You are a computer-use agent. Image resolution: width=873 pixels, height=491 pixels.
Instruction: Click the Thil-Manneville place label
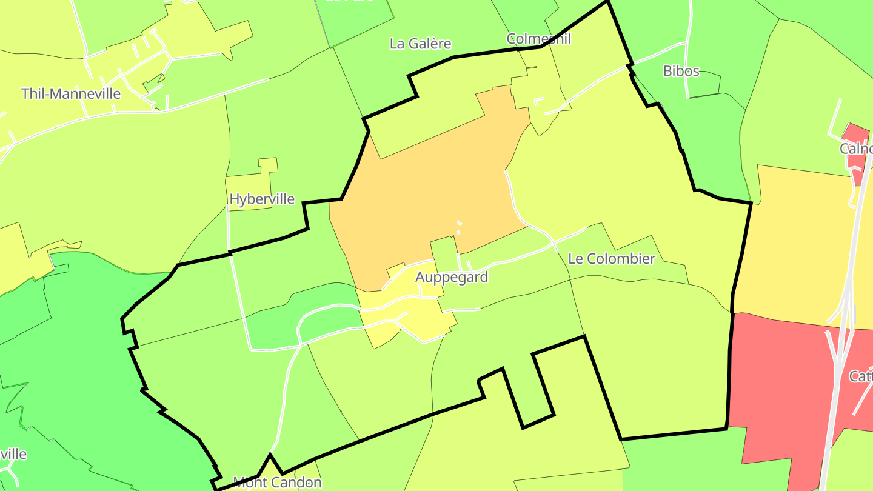[71, 94]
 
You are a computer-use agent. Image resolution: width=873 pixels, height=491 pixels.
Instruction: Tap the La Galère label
[420, 44]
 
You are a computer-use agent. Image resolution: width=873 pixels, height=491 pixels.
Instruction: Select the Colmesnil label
[539, 39]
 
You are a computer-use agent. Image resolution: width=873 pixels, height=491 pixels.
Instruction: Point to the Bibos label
[681, 71]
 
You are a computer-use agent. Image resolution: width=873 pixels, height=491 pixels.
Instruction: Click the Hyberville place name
[262, 199]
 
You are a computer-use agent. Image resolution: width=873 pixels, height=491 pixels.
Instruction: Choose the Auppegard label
[452, 277]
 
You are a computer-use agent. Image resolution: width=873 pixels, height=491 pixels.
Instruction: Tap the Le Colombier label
[611, 259]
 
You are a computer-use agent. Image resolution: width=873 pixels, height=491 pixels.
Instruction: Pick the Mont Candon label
[277, 483]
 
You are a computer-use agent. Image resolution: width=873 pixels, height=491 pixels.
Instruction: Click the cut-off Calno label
[855, 149]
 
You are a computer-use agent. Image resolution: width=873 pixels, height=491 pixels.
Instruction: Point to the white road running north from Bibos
[689, 36]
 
